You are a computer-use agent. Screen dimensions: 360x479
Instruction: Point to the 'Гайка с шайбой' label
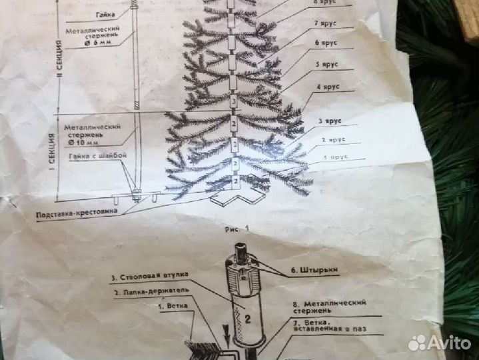point(94,157)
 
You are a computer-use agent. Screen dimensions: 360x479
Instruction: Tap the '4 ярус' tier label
point(327,87)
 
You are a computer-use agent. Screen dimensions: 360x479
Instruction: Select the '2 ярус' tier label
point(332,140)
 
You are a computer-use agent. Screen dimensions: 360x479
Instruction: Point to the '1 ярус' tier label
point(335,158)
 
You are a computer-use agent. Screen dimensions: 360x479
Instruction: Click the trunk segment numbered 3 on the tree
point(233,102)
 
